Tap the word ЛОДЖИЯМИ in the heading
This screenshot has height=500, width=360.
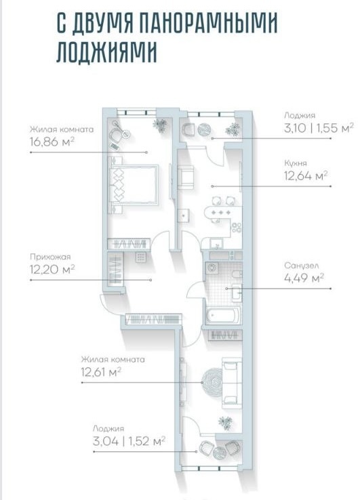106,51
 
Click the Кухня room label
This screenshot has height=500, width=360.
296,163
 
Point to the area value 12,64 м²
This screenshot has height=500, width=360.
306,175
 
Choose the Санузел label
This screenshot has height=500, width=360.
301,266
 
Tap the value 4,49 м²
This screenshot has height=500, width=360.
304,278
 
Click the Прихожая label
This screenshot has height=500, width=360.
50,257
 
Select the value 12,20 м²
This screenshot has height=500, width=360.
52,269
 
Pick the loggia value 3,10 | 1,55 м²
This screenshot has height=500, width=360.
319,128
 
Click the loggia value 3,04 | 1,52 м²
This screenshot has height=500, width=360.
129,441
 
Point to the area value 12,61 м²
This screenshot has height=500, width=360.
101,372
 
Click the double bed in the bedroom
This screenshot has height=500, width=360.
134,185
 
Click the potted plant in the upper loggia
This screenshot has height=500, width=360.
233,130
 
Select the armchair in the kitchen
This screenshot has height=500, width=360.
186,178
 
